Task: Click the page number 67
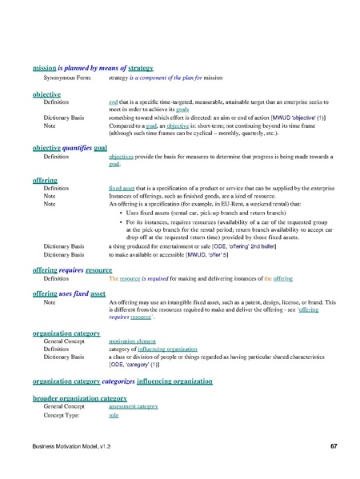[x=333, y=444]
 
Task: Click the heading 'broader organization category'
[x=79, y=397]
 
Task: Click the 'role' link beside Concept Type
[x=113, y=416]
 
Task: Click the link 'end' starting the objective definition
[x=113, y=103]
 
